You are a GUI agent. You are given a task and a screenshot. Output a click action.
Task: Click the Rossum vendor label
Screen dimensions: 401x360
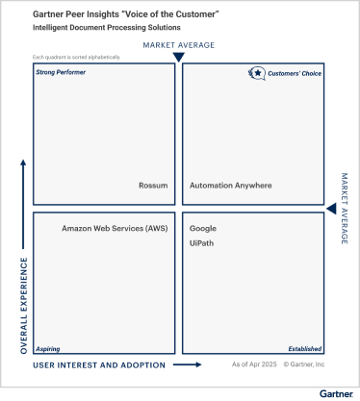[x=154, y=186]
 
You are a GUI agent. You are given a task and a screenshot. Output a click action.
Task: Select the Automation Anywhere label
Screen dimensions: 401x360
[x=231, y=186]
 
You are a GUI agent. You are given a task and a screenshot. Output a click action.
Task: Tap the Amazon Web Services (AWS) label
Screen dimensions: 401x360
[x=115, y=229]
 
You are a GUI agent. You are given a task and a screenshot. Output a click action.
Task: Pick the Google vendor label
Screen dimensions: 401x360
[x=203, y=229]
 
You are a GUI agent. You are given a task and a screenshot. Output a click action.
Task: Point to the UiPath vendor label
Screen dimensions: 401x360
[x=201, y=244]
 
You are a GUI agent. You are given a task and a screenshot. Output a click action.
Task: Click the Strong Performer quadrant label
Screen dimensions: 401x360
[x=60, y=72]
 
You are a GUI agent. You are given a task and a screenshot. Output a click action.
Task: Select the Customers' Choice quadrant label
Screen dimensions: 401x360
[x=295, y=72]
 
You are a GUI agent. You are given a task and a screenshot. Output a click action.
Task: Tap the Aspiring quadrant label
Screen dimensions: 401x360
[x=48, y=349]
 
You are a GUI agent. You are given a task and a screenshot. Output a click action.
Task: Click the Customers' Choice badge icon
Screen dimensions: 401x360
[x=257, y=72]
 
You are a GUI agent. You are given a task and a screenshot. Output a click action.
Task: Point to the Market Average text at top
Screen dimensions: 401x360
[x=178, y=45]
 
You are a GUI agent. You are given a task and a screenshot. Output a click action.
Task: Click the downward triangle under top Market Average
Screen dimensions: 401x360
[x=178, y=58]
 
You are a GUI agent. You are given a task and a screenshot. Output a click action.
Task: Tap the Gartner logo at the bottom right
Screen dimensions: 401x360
[x=338, y=393]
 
